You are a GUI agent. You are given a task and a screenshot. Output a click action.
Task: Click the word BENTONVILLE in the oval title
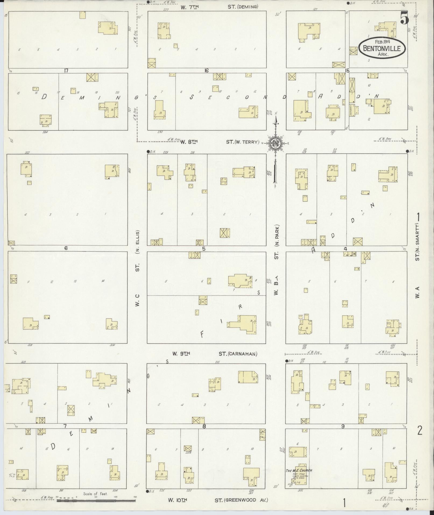coord(382,49)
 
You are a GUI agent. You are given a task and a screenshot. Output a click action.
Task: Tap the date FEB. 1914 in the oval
coord(382,42)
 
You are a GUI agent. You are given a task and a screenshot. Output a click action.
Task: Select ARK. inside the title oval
coord(382,55)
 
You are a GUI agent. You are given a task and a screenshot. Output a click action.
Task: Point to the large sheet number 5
coord(404,18)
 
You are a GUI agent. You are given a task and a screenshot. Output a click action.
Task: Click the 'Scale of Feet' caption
coord(95,494)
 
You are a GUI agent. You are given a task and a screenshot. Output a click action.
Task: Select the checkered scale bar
coord(96,500)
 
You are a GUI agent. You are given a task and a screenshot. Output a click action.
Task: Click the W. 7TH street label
coord(189,7)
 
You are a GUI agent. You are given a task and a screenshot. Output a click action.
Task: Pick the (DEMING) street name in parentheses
coord(243,7)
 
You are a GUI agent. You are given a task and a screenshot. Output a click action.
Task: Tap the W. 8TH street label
coord(189,142)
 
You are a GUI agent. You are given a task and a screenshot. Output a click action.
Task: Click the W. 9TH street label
coord(181,353)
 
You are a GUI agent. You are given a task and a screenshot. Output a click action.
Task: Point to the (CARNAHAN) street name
coord(242,354)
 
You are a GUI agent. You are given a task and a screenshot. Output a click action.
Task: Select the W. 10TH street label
coord(178,500)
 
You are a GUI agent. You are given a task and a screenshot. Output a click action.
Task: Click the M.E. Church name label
coord(299,470)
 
